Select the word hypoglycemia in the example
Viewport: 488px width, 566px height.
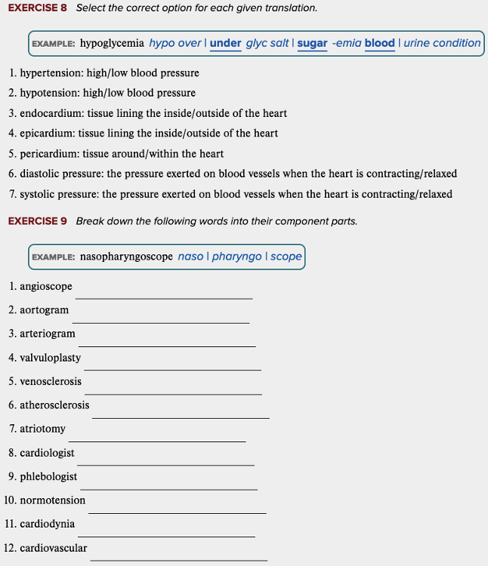(112, 43)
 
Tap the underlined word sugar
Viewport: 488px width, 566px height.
(312, 43)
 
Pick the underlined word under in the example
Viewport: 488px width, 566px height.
(225, 43)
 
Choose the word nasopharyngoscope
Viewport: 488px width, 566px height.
(126, 257)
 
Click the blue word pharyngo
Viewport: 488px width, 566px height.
(236, 257)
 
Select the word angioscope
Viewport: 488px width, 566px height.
(46, 287)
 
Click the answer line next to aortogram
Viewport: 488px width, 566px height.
(161, 321)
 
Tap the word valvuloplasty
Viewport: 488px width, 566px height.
(50, 358)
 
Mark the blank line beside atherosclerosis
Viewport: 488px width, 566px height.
(181, 417)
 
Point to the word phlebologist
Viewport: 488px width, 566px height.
(48, 476)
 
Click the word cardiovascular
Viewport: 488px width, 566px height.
(53, 548)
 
